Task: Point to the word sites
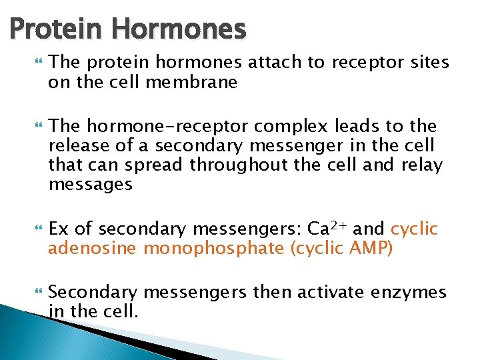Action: point(430,63)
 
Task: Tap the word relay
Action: point(421,165)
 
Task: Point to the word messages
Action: point(91,185)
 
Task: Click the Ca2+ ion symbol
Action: point(327,229)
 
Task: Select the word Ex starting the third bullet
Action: point(59,229)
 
